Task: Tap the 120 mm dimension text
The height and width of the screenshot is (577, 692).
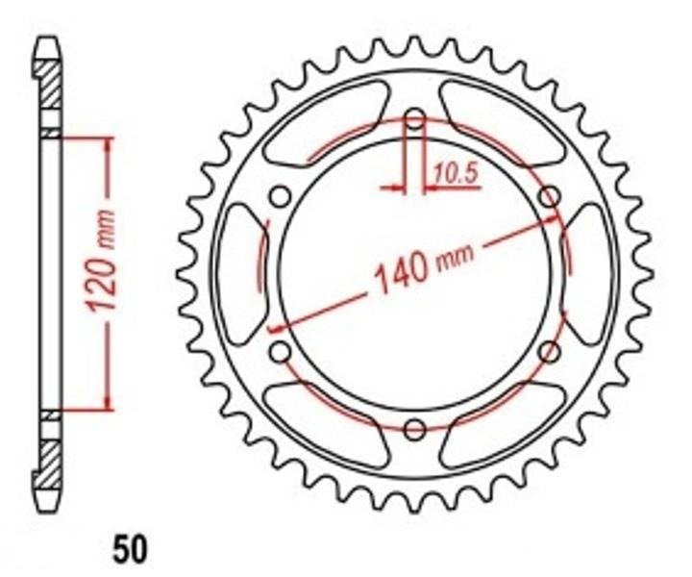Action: [102, 261]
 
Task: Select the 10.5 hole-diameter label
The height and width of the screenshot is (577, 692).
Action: [455, 173]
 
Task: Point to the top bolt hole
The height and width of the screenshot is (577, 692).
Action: [415, 118]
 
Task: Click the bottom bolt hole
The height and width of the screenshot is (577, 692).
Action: [415, 429]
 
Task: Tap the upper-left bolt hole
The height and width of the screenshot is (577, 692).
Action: [281, 195]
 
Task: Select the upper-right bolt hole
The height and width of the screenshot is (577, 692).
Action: [550, 195]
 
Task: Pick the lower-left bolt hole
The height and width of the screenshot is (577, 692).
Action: [281, 351]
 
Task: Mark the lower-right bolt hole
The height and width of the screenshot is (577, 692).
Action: [550, 351]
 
